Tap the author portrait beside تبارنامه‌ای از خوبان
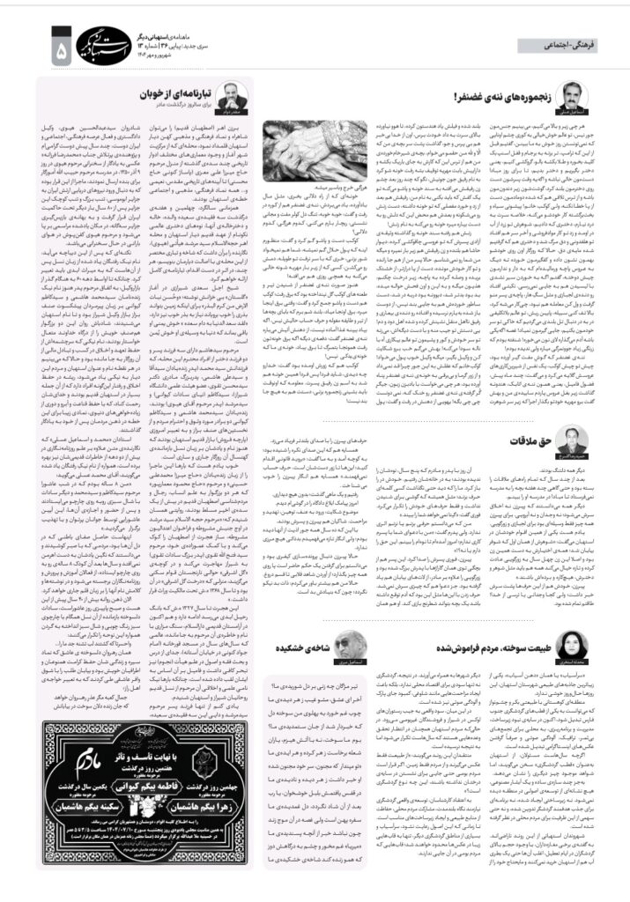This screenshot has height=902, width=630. (233, 95)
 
